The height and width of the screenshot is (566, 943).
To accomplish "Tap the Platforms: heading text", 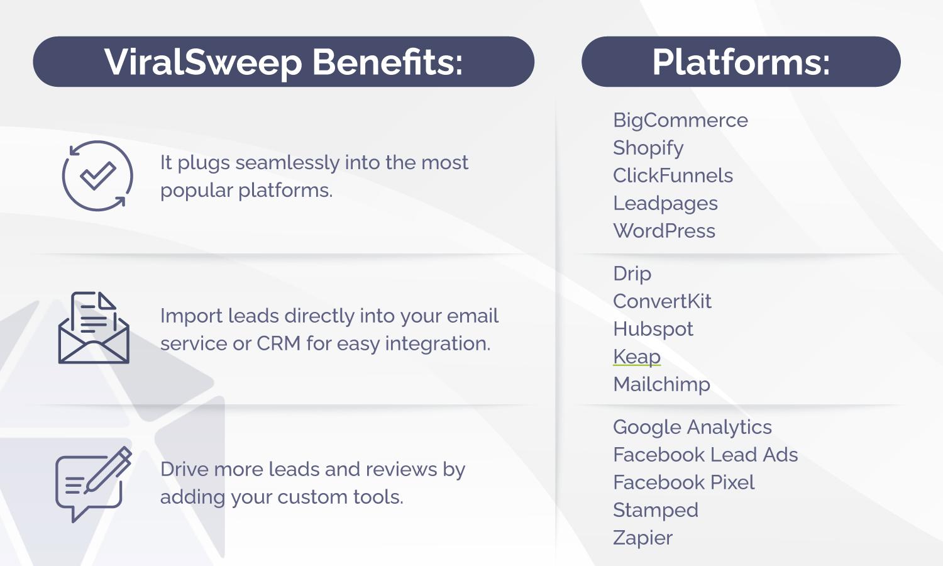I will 741,62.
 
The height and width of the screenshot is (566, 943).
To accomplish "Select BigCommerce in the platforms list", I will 680,120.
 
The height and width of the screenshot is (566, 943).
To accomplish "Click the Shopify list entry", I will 648,148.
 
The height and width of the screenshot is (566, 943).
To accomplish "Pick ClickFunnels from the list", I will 673,175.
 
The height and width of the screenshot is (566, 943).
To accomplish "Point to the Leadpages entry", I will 665,203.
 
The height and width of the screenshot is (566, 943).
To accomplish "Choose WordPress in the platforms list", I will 664,231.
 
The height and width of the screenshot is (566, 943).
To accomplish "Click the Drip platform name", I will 632,274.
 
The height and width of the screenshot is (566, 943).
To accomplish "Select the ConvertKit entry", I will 662,301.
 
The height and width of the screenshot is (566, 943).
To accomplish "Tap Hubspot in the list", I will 653,329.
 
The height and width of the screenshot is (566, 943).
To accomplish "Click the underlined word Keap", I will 636,357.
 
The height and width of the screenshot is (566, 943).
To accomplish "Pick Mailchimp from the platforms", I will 661,384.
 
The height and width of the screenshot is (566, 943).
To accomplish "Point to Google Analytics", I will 692,427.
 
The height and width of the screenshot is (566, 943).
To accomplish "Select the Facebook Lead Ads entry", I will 705,455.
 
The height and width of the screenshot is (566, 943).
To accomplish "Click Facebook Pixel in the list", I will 683,482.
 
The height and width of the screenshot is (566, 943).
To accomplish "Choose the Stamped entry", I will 655,510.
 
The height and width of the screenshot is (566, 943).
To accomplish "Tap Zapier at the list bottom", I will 642,538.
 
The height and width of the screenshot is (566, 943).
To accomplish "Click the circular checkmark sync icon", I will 97,175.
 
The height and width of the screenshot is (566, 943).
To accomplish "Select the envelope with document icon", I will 94,328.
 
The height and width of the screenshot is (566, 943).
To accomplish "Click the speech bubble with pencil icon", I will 93,484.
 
